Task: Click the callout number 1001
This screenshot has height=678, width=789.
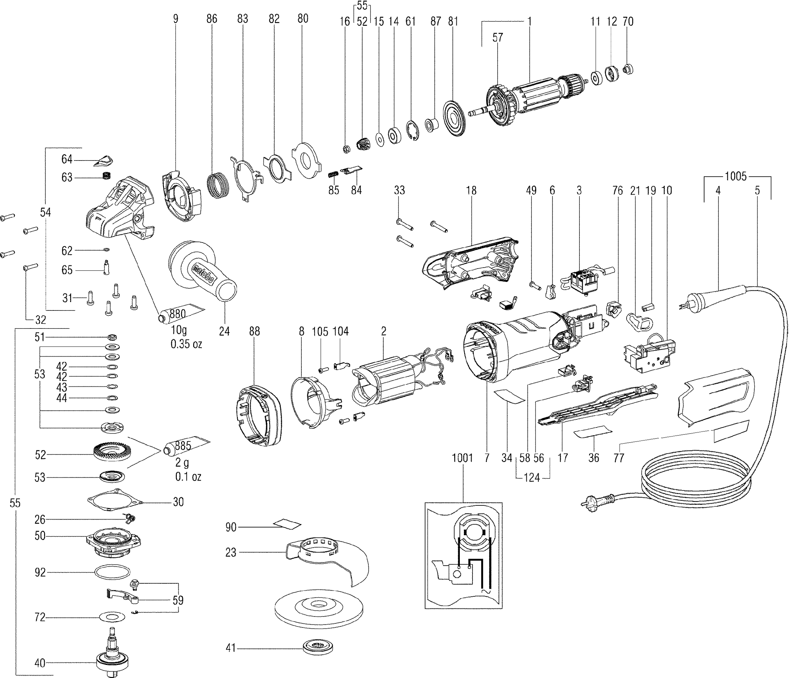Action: click(x=462, y=458)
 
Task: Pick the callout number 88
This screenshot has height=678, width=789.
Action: click(x=254, y=331)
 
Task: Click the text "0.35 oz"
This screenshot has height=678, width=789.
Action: click(x=186, y=344)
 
